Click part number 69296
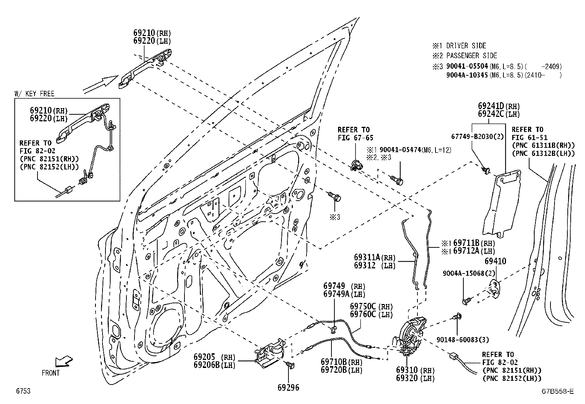288,387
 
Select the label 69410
495,261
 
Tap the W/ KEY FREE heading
35,94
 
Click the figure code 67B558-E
556,392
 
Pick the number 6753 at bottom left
23,392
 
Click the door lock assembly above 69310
412,336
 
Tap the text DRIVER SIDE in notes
466,46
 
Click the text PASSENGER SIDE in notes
471,56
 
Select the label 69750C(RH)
371,307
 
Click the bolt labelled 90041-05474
398,180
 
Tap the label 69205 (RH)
214,357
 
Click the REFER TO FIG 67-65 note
353,134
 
